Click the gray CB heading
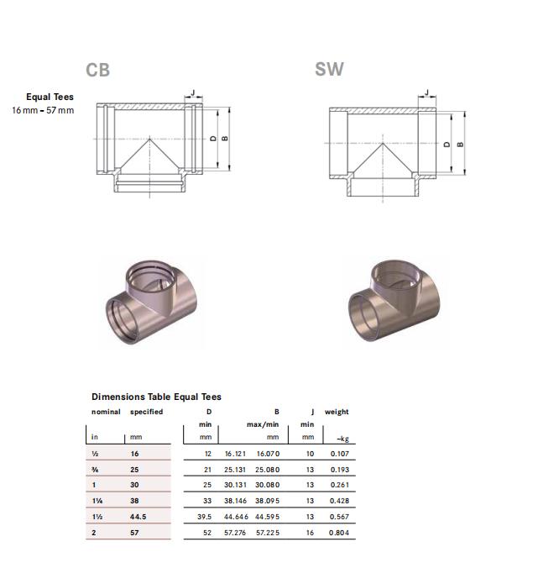[97, 70]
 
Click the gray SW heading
[329, 69]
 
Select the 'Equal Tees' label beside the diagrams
[50, 97]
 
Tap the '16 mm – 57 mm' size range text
[43, 110]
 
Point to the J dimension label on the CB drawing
[193, 92]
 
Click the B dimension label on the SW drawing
[460, 145]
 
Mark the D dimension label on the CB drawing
[213, 139]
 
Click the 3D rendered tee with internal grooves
[152, 302]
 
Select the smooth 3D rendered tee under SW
[395, 301]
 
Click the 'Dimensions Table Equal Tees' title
[156, 397]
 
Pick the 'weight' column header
[337, 412]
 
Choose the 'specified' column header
[147, 412]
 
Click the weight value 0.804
[339, 533]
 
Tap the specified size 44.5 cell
[138, 517]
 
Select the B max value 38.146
[235, 501]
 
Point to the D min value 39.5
[205, 517]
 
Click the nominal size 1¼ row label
[97, 501]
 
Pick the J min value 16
[310, 533]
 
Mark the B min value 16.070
[268, 454]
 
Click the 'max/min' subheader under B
[263, 424]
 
